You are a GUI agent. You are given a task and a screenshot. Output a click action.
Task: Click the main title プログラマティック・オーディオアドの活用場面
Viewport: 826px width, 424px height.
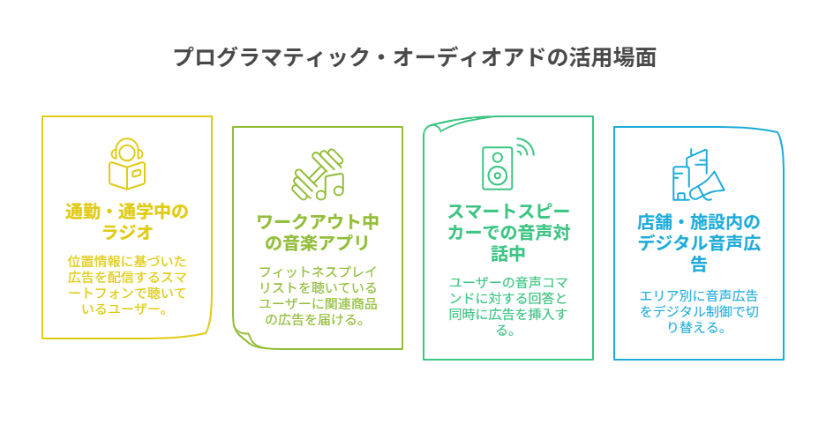pyautogui.click(x=415, y=56)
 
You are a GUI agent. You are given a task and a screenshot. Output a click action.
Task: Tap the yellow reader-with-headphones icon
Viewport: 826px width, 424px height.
pyautogui.click(x=127, y=164)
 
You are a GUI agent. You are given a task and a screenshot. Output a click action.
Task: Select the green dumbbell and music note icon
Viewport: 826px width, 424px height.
pyautogui.click(x=318, y=175)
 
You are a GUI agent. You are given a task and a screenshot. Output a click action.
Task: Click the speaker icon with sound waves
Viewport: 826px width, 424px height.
pyautogui.click(x=507, y=164)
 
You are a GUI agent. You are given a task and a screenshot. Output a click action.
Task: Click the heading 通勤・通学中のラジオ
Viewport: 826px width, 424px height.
pyautogui.click(x=127, y=221)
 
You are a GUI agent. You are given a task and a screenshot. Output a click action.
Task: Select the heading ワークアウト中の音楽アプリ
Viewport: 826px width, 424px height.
pyautogui.click(x=318, y=233)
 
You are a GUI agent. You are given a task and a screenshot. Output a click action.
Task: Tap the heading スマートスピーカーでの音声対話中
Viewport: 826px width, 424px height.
pyautogui.click(x=508, y=233)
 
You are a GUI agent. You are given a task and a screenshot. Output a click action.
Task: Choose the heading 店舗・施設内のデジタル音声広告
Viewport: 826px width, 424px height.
pyautogui.click(x=699, y=243)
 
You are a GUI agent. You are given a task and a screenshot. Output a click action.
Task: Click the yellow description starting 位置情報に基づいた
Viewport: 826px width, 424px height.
pyautogui.click(x=127, y=285)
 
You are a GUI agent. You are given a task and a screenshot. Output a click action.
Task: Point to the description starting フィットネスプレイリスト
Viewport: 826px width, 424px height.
pyautogui.click(x=318, y=295)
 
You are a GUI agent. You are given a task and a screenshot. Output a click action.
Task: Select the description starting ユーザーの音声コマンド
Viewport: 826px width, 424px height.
pyautogui.click(x=508, y=306)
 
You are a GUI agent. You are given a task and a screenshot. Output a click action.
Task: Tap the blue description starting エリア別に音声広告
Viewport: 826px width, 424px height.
pyautogui.click(x=699, y=311)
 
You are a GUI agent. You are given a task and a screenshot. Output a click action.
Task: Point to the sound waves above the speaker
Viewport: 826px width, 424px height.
pyautogui.click(x=523, y=147)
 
